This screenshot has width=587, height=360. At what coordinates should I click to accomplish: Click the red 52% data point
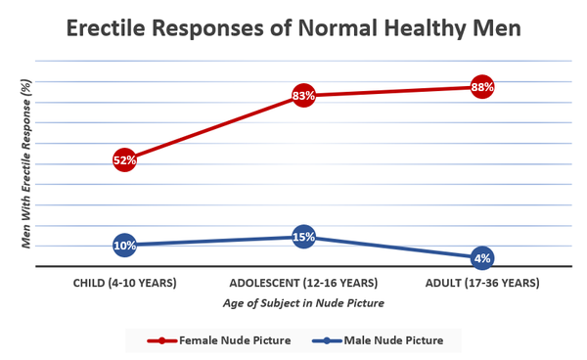coord(124,159)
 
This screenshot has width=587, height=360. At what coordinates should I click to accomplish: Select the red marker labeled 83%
coord(303,96)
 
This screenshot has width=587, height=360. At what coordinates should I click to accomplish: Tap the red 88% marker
coord(481,87)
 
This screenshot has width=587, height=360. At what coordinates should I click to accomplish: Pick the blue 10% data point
coord(124,245)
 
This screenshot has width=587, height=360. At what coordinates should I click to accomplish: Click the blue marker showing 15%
coord(303,237)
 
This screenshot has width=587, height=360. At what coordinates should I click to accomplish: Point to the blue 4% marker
coord(481,258)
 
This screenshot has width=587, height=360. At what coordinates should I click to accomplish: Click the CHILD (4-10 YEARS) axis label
coord(124,284)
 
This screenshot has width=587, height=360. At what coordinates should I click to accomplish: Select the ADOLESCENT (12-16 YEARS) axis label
coord(303,284)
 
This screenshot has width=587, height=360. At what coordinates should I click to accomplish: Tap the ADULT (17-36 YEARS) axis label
coord(481,284)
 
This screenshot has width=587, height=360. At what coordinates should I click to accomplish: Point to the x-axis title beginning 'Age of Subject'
coord(303,303)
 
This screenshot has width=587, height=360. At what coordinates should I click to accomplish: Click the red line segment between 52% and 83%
coord(213,128)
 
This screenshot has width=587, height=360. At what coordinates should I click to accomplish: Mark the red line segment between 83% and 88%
coord(392,92)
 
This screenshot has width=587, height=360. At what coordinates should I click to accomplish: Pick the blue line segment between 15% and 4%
coord(392,247)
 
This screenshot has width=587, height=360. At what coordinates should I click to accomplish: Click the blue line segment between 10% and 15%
coord(213,241)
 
